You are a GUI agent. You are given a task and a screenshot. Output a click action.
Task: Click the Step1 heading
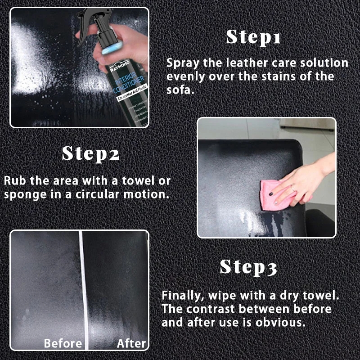pyautogui.click(x=253, y=37)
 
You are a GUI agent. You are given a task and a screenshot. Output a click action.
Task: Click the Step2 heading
pyautogui.click(x=90, y=153)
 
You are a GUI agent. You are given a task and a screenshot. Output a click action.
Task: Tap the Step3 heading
pyautogui.click(x=248, y=267)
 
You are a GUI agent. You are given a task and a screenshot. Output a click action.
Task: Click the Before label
pyautogui.click(x=63, y=344)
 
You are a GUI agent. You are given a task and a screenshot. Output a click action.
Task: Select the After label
pyautogui.click(x=131, y=344)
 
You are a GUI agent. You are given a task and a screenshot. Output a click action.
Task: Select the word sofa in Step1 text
pyautogui.click(x=180, y=90)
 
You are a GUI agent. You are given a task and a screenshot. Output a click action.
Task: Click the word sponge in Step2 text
pyautogui.click(x=23, y=194)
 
